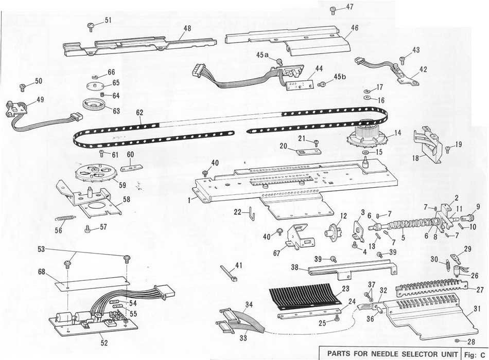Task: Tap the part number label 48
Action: (x=187, y=28)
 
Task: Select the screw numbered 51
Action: (x=91, y=27)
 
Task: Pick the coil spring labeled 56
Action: (x=65, y=214)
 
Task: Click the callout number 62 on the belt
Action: (x=139, y=113)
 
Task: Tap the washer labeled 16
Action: (x=366, y=98)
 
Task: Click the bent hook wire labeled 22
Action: (x=252, y=213)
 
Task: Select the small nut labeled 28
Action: (x=456, y=340)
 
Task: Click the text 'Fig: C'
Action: (x=475, y=355)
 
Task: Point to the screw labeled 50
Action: (x=22, y=87)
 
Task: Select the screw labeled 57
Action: (x=87, y=229)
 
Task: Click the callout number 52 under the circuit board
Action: (x=104, y=343)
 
